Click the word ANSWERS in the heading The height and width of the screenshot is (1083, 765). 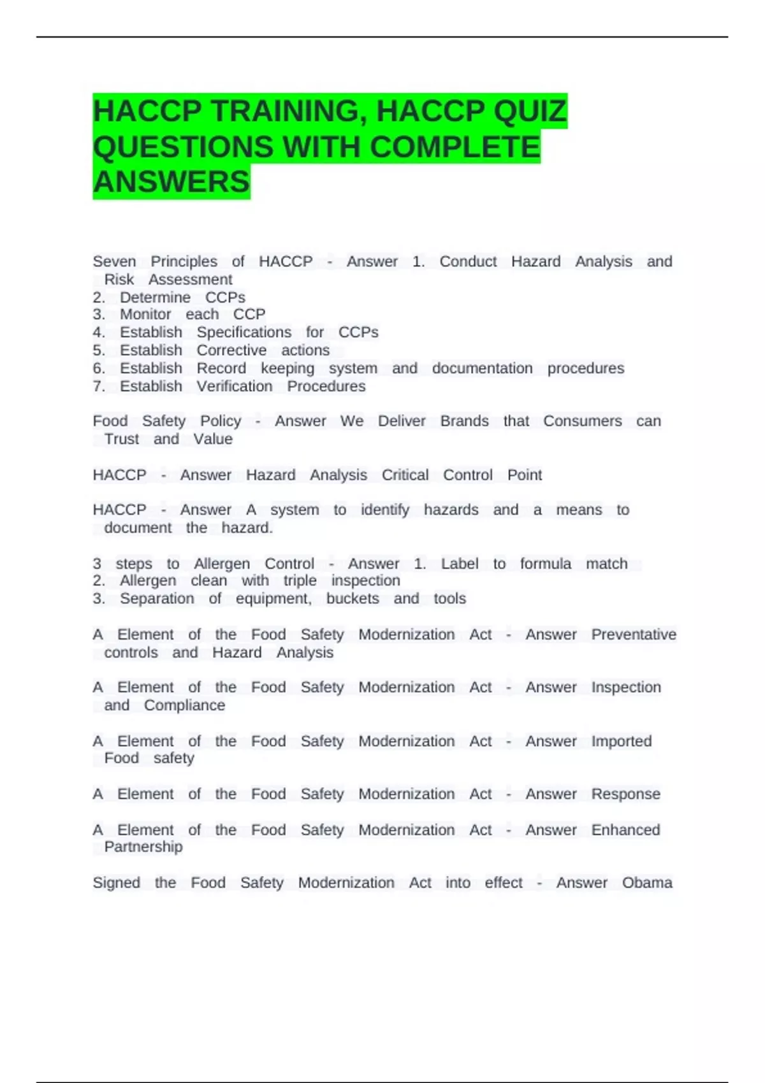coord(171,182)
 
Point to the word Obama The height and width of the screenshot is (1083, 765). coord(647,883)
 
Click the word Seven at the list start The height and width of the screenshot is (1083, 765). coord(114,262)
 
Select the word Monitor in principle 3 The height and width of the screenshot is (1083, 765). coord(145,315)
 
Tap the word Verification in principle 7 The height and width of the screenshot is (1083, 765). coord(234,387)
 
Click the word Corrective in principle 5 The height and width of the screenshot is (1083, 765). coord(231,350)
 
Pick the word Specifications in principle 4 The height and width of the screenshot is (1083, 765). coord(244,333)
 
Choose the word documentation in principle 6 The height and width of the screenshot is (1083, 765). coord(482,369)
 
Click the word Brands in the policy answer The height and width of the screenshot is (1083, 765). coord(464,422)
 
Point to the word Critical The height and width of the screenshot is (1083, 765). coord(405,475)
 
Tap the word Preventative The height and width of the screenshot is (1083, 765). coord(634,635)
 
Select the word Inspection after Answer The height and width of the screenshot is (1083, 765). coord(626,687)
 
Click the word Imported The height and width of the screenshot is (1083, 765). coord(621,742)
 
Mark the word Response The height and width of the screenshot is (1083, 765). coord(625,794)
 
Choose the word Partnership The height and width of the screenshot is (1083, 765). coord(143,847)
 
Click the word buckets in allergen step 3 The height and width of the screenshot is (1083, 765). coord(353,599)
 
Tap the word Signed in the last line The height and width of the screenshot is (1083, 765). coord(116,883)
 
